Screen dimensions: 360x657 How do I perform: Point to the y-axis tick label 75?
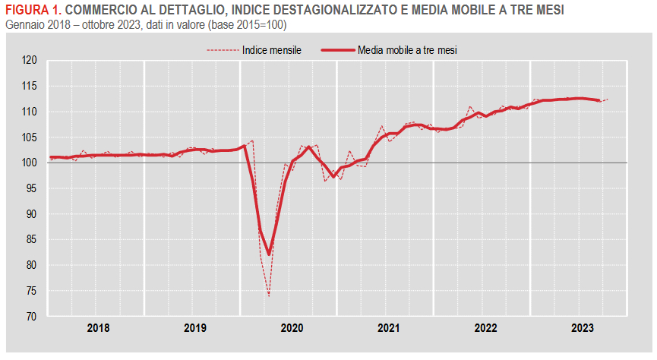(x=30, y=291)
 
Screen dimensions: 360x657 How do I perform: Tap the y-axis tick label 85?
(x=30, y=239)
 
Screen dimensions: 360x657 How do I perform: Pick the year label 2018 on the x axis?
(x=98, y=329)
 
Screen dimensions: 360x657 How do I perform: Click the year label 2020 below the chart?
(x=292, y=329)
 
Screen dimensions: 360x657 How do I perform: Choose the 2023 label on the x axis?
(x=582, y=329)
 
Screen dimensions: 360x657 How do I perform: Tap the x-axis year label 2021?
(x=388, y=329)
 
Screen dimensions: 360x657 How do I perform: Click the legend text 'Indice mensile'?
(x=272, y=51)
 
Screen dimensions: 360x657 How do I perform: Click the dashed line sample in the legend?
(x=222, y=51)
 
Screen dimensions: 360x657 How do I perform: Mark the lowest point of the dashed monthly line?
(x=269, y=295)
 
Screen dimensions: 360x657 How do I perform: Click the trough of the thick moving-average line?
(x=269, y=254)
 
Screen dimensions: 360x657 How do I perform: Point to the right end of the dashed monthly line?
(x=608, y=99)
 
